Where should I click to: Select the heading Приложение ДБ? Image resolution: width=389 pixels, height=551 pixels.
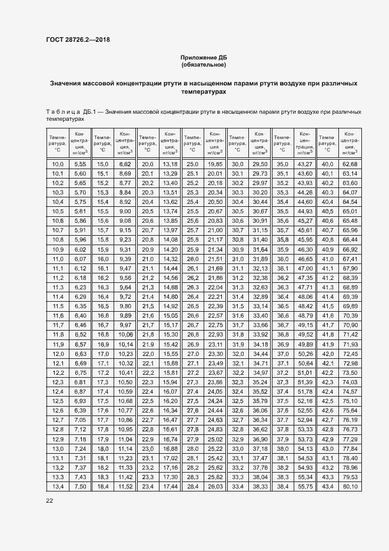[x=204, y=57]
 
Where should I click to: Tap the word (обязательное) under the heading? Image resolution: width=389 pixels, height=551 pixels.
[x=204, y=65]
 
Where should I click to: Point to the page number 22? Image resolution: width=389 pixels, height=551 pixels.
[x=49, y=501]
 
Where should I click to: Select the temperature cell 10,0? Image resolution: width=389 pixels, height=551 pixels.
[x=58, y=164]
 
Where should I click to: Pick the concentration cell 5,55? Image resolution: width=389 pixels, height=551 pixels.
[x=80, y=164]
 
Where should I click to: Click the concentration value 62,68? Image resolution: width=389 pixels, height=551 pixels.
[x=350, y=164]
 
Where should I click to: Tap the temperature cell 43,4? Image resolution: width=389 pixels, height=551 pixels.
[x=326, y=486]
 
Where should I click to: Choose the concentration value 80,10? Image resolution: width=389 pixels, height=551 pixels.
[x=350, y=486]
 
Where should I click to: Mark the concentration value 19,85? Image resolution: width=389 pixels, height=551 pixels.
[x=215, y=164]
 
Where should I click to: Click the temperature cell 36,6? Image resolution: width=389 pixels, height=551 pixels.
[x=282, y=315]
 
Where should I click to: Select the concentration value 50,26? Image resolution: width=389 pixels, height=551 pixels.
[x=305, y=354]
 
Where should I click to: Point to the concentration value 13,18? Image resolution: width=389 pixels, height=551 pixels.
[x=170, y=164]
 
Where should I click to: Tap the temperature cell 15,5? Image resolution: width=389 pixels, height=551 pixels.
[x=102, y=211]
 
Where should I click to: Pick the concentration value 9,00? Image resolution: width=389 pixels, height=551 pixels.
[x=125, y=211]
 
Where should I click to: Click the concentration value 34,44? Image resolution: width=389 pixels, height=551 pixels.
[x=260, y=354]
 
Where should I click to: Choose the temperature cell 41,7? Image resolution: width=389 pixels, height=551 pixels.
[x=326, y=325]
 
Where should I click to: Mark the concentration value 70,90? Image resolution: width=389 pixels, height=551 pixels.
[x=350, y=325]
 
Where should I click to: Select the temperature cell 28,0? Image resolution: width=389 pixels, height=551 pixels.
[x=192, y=448]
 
